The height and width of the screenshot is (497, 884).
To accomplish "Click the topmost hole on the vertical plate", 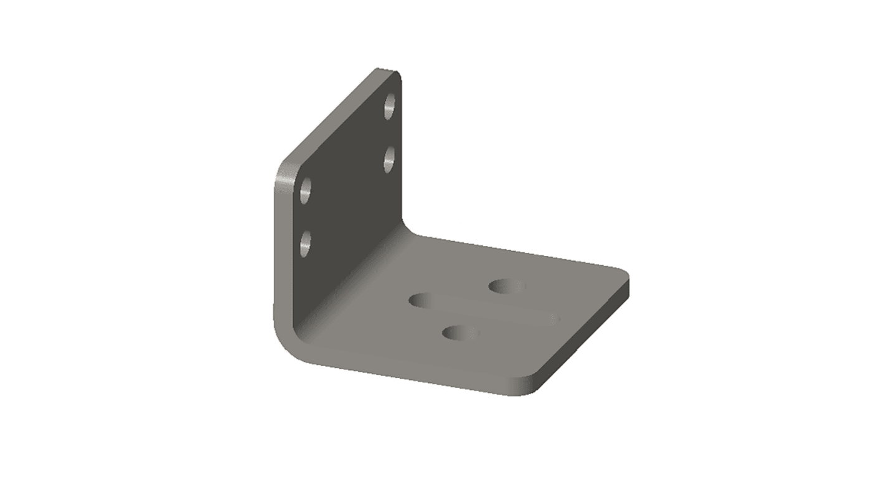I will (390, 106).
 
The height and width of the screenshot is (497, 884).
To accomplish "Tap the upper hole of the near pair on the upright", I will (306, 191).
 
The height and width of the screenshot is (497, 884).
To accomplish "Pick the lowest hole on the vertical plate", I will (305, 244).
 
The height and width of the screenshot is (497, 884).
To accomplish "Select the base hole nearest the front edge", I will (461, 333).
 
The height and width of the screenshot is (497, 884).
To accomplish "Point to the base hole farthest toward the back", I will (507, 286).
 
